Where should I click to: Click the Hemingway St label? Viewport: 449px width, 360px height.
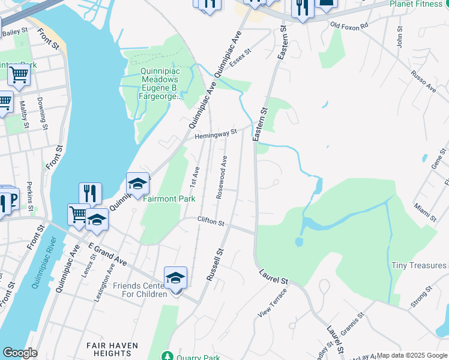pos(216,134)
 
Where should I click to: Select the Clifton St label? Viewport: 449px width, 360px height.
pos(211,222)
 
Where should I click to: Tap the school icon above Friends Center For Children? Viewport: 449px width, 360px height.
pos(175,278)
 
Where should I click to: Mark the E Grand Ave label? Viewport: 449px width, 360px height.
pos(107,255)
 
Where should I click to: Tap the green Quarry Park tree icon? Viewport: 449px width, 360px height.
pos(167,356)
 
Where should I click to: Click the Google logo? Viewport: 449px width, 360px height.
pos(20,353)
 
